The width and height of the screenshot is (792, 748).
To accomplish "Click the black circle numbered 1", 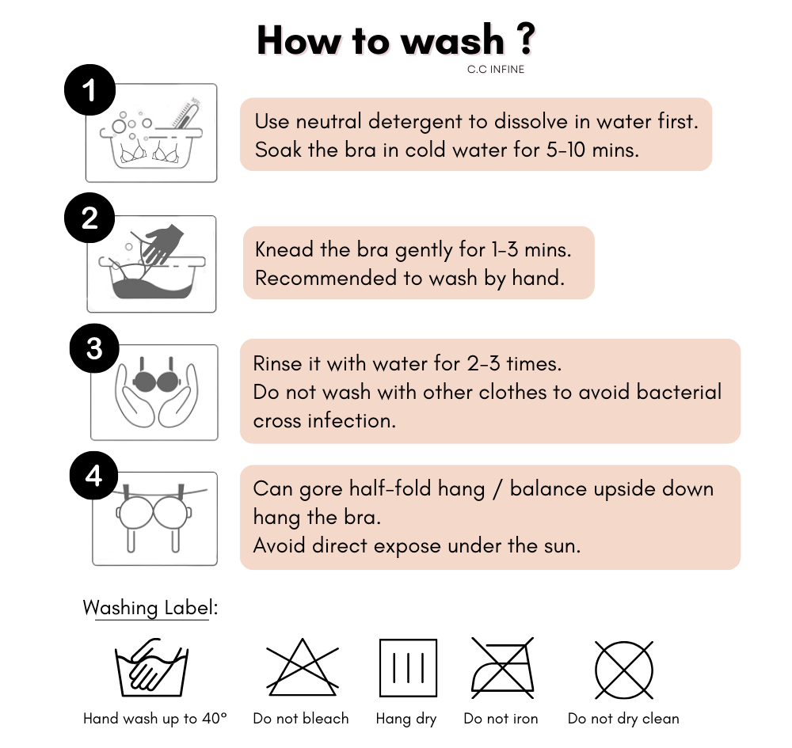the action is pyautogui.click(x=90, y=90).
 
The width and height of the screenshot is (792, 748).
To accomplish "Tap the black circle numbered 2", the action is pyautogui.click(x=89, y=218).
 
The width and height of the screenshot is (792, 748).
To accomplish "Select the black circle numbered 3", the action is pyautogui.click(x=94, y=348).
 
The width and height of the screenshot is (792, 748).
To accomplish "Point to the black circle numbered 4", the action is pyautogui.click(x=94, y=476).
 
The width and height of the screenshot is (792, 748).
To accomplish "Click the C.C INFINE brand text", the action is pyautogui.click(x=496, y=69).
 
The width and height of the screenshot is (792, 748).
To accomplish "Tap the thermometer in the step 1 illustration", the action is pyautogui.click(x=185, y=113).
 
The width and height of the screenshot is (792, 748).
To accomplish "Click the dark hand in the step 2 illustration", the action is pyautogui.click(x=162, y=243).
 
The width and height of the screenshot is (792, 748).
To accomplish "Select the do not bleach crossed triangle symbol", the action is pyautogui.click(x=302, y=668).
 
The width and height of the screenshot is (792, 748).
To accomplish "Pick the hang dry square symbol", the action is pyautogui.click(x=408, y=668).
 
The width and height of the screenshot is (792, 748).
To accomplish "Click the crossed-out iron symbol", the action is pyautogui.click(x=503, y=668).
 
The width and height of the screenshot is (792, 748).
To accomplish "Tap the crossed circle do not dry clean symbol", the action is pyautogui.click(x=624, y=670).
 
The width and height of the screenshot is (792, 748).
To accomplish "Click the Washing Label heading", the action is pyautogui.click(x=150, y=608).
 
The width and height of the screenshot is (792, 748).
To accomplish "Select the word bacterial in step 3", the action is pyautogui.click(x=679, y=392).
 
